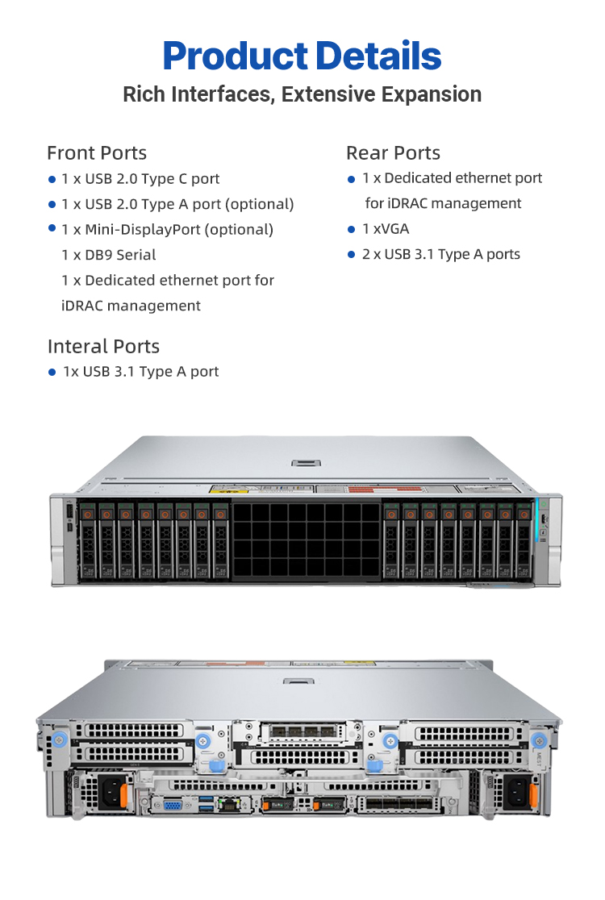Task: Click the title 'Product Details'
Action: [x=302, y=56]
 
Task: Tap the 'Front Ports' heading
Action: [x=97, y=153]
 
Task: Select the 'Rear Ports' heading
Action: [x=393, y=153]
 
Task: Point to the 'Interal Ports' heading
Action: [x=104, y=347]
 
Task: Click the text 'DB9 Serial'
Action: [x=120, y=255]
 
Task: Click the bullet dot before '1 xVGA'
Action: [x=351, y=230]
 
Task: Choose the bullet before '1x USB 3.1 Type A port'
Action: [x=52, y=373]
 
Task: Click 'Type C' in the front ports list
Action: [x=165, y=179]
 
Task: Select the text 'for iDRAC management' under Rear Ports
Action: [x=443, y=204]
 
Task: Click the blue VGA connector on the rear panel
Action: [x=173, y=805]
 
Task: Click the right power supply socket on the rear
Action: [x=517, y=792]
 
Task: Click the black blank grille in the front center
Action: [x=306, y=540]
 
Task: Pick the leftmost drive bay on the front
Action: [x=88, y=540]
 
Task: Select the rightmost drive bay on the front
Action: [x=524, y=540]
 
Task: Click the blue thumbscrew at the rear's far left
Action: [x=59, y=740]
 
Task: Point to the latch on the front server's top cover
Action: [x=306, y=464]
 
